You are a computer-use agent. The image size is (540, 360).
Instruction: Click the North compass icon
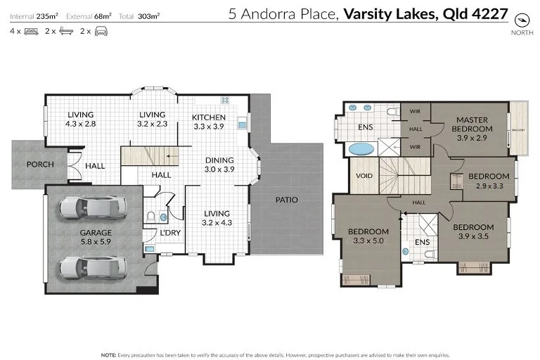click(x=521, y=20)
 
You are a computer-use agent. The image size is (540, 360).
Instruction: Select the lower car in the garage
click(x=94, y=266)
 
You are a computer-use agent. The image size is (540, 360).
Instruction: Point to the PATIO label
click(x=286, y=200)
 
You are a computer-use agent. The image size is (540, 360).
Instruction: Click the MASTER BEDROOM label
click(x=470, y=124)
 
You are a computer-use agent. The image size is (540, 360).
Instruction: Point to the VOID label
click(x=364, y=176)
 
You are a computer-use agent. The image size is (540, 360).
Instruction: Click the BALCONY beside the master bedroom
click(x=518, y=128)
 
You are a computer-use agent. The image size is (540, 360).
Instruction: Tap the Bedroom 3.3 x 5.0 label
click(x=368, y=236)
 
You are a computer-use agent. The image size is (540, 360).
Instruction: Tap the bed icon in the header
click(x=30, y=32)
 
